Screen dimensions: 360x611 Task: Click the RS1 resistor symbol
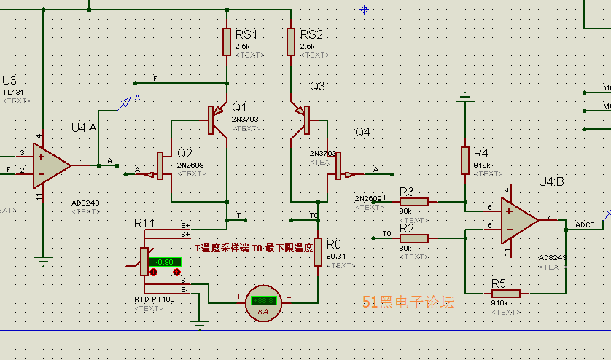[227, 42]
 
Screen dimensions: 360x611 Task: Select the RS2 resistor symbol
[291, 42]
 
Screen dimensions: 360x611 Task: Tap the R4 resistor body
[464, 160]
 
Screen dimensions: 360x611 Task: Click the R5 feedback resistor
[505, 294]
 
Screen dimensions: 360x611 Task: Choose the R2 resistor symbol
[414, 237]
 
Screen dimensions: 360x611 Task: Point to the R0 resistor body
[317, 251]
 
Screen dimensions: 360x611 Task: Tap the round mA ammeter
[262, 301]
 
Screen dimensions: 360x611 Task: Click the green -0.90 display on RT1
[165, 262]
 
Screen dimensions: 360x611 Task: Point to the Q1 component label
[239, 106]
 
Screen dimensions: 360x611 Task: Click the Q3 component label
[317, 86]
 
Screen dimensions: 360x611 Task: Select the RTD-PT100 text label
[154, 300]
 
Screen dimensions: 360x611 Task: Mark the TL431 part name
[12, 92]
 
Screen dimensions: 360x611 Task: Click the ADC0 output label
[585, 224]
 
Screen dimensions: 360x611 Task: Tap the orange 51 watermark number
[370, 302]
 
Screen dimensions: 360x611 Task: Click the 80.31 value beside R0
[336, 257]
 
